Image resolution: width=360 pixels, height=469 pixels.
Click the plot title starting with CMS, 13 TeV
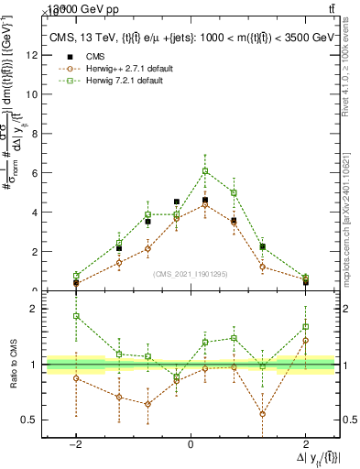tap(191, 38)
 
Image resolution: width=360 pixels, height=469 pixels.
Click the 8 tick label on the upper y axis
tap(33, 134)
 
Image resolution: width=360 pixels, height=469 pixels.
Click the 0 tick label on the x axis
tap(190, 443)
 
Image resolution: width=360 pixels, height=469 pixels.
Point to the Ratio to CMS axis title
tap(14, 365)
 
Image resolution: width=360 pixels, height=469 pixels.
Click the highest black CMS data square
tap(205, 200)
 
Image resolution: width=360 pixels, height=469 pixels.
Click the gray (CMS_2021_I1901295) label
tap(190, 273)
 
